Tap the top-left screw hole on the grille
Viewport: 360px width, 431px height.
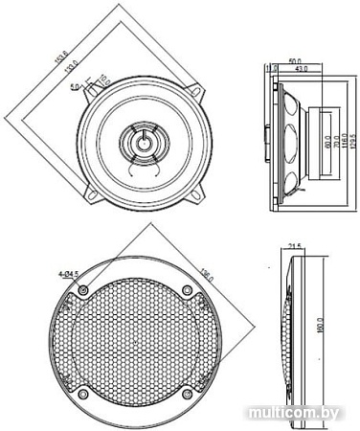(84, 289)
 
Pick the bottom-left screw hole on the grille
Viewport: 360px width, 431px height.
(84, 394)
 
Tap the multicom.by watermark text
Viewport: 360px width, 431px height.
(301, 413)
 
